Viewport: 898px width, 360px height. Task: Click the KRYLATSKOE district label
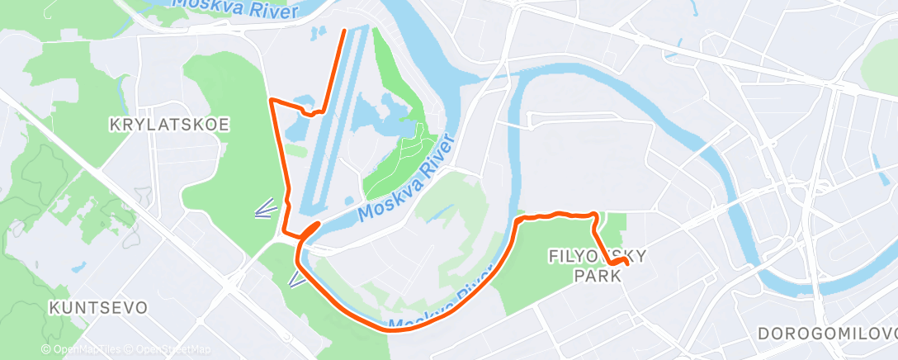(169, 125)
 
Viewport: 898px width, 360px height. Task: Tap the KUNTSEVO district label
(98, 308)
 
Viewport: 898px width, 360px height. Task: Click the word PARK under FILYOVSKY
(597, 277)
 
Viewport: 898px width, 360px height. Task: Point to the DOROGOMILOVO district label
(825, 333)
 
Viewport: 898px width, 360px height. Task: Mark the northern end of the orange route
(343, 31)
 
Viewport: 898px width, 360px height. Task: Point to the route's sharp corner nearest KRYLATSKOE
(272, 100)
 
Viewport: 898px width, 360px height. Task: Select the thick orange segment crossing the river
(310, 230)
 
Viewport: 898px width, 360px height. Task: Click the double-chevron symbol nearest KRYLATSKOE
(265, 209)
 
